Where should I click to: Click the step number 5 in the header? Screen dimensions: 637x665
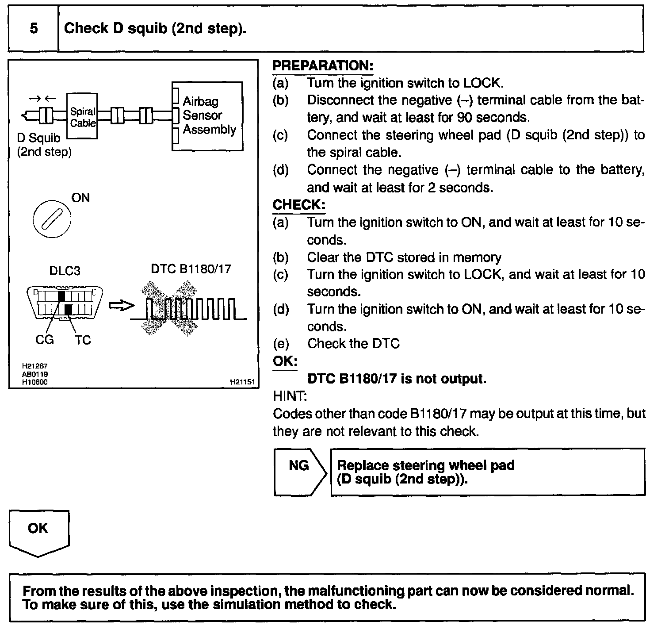pyautogui.click(x=34, y=29)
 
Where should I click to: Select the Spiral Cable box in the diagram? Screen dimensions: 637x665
pyautogui.click(x=82, y=116)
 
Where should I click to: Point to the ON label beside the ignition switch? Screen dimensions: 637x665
pyautogui.click(x=80, y=198)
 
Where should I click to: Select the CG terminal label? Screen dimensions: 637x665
pyautogui.click(x=45, y=340)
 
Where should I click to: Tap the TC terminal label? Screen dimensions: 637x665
pyautogui.click(x=83, y=340)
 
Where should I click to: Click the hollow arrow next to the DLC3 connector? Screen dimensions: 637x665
pyautogui.click(x=121, y=306)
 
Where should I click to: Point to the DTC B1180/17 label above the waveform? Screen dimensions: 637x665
pyautogui.click(x=191, y=269)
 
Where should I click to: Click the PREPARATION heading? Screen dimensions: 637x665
pyautogui.click(x=323, y=66)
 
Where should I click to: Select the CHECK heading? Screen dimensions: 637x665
pyautogui.click(x=299, y=205)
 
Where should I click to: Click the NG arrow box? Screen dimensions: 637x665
pyautogui.click(x=299, y=472)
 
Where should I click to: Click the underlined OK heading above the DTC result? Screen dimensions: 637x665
pyautogui.click(x=285, y=361)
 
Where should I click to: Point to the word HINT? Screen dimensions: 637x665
pyautogui.click(x=290, y=396)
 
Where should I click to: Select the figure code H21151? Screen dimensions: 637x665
pyautogui.click(x=242, y=382)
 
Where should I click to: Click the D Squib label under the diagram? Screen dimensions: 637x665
pyautogui.click(x=39, y=138)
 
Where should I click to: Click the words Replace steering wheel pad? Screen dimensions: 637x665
pyautogui.click(x=425, y=465)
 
